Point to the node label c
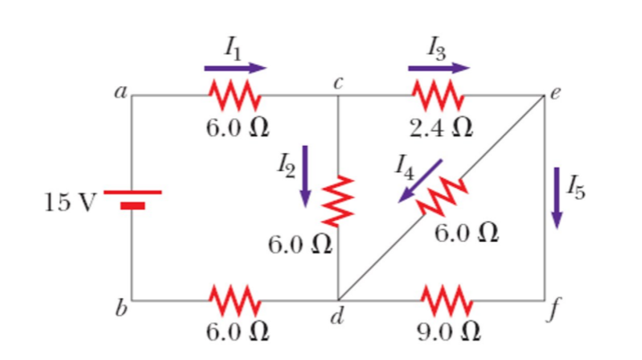[338, 80]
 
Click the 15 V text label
[69, 201]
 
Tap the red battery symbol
[133, 198]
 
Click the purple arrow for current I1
[235, 67]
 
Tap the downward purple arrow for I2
[305, 176]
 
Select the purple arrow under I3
[439, 67]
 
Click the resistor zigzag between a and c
[235, 92]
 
